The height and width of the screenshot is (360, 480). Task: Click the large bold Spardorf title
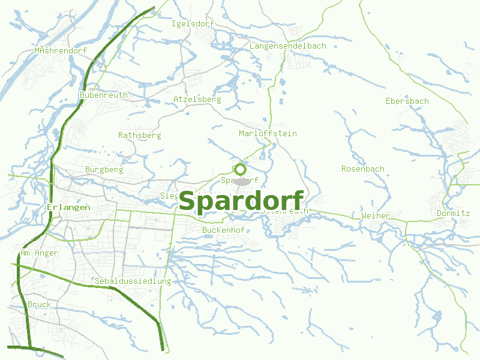pyautogui.click(x=241, y=201)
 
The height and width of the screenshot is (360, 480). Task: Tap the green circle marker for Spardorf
pyautogui.click(x=240, y=169)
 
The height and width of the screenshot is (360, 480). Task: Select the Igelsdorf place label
pyautogui.click(x=193, y=23)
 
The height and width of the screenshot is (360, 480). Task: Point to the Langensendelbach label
pyautogui.click(x=287, y=46)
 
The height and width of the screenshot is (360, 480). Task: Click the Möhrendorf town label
pyautogui.click(x=61, y=50)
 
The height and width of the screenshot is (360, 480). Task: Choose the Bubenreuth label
pyautogui.click(x=103, y=95)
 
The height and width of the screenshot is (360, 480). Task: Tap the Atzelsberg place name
pyautogui.click(x=197, y=99)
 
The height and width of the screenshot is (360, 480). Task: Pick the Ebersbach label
pyautogui.click(x=407, y=101)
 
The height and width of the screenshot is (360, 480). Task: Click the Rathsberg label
pyautogui.click(x=139, y=135)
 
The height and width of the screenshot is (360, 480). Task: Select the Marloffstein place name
pyautogui.click(x=268, y=133)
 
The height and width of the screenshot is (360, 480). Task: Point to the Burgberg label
pyautogui.click(x=104, y=169)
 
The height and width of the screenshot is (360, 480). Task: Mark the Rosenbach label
pyautogui.click(x=362, y=169)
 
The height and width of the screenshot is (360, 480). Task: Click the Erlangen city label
pyautogui.click(x=68, y=207)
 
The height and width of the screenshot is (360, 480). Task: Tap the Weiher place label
pyautogui.click(x=376, y=215)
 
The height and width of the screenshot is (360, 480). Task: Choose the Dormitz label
pyautogui.click(x=453, y=213)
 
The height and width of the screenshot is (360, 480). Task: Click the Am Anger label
pyautogui.click(x=39, y=253)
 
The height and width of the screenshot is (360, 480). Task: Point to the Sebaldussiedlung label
pyautogui.click(x=133, y=281)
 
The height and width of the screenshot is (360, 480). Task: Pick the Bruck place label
pyautogui.click(x=39, y=304)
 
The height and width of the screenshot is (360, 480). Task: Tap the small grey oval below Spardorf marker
pyautogui.click(x=242, y=181)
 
